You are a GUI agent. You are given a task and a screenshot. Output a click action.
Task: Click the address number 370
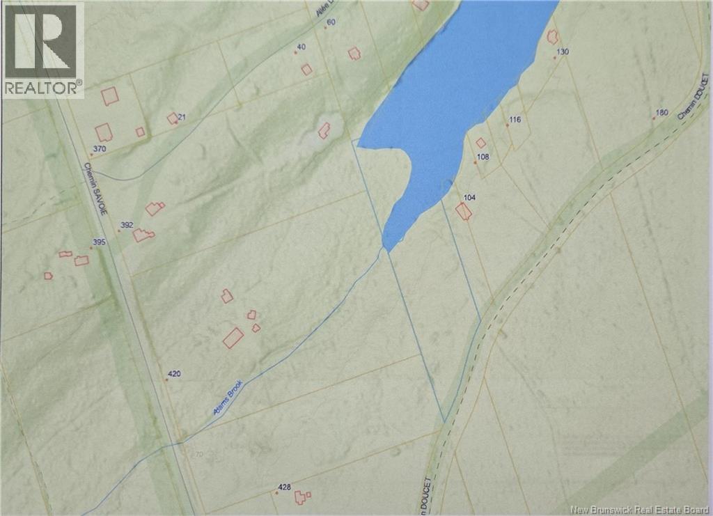click(x=99, y=149)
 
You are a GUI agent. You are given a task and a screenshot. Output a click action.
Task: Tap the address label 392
click(x=127, y=225)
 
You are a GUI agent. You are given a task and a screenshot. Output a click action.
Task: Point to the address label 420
click(x=175, y=374)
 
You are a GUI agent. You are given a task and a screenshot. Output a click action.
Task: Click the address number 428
click(x=284, y=487)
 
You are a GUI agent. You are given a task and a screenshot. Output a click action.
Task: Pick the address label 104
click(x=469, y=198)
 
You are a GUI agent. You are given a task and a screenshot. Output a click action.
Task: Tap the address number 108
click(x=483, y=157)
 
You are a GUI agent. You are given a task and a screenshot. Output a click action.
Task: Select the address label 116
click(x=515, y=120)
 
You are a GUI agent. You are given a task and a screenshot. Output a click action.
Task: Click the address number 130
click(x=563, y=52)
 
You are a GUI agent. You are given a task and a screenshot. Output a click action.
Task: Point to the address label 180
click(x=661, y=113)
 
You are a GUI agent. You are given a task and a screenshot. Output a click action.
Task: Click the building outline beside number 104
click(x=464, y=212)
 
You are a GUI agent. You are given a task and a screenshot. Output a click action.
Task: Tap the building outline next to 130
click(x=552, y=37)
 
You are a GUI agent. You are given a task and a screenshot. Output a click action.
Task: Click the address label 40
click(x=301, y=47)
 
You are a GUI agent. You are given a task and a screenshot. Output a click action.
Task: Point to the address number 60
click(x=331, y=22)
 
